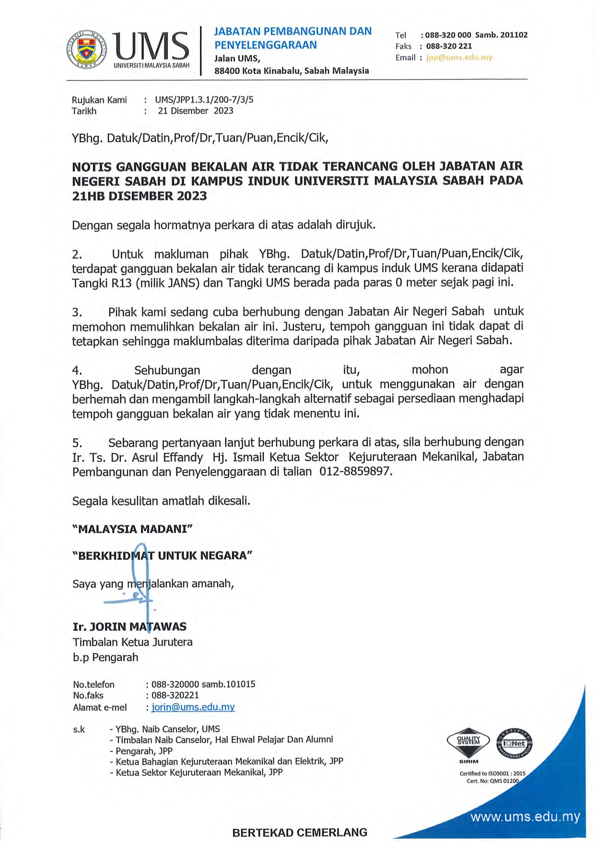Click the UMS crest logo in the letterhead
[x=87, y=49]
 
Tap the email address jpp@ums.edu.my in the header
[x=459, y=58]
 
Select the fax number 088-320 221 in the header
[x=449, y=46]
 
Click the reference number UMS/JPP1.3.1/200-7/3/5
[x=204, y=100]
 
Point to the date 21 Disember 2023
[x=196, y=111]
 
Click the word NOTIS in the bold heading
[x=92, y=167]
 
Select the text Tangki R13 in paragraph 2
[x=102, y=283]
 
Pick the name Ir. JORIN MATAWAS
[x=129, y=627]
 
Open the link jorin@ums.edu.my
[x=193, y=707]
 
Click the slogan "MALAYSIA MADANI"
[x=132, y=529]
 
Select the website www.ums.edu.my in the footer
[x=525, y=817]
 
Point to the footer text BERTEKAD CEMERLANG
[x=300, y=832]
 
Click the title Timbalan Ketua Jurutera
[x=132, y=642]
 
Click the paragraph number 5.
[x=77, y=443]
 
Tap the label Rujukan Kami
[x=99, y=100]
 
